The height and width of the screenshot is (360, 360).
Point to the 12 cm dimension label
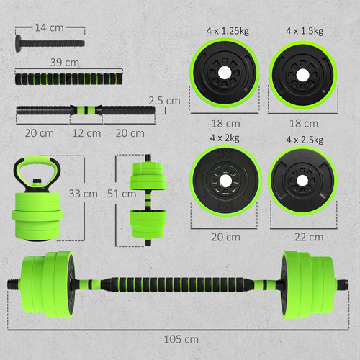pyautogui.click(x=86, y=133)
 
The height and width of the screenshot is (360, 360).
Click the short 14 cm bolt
pyautogui.click(x=47, y=42)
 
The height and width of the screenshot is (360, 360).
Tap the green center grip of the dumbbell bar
pyautogui.click(x=86, y=112)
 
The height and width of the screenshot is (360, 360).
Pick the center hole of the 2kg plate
pyautogui.click(x=225, y=180)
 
